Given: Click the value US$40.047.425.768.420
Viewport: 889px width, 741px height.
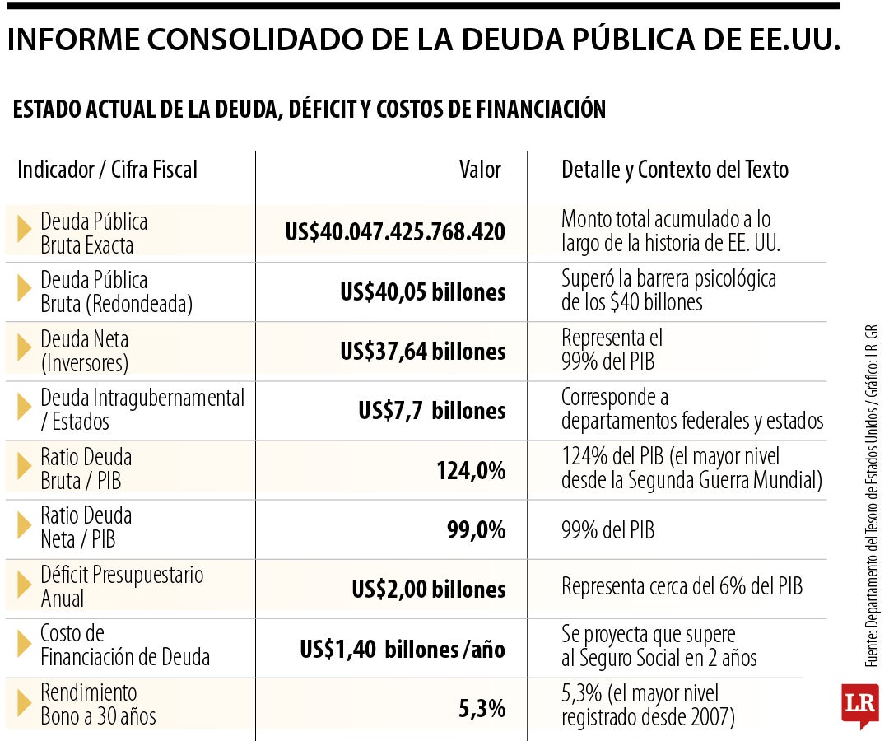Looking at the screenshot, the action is pos(394,232).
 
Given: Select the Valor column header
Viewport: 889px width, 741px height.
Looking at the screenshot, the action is pos(480,170).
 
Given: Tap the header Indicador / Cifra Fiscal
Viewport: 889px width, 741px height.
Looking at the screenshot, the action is pos(107,170).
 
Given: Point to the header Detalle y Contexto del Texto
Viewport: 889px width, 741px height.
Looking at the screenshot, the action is pos(675,170).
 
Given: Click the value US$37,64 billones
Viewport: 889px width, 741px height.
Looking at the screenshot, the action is pos(423,352).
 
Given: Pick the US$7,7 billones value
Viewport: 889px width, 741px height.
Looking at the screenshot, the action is pos(432,411).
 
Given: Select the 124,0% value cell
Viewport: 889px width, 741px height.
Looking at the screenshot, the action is pos(471,471).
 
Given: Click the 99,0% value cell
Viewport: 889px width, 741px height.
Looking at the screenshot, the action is pos(477,530).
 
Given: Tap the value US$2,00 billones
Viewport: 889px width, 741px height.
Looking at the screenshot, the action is pos(429,590).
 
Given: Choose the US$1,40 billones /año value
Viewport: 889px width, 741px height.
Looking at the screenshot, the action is pos(403,649).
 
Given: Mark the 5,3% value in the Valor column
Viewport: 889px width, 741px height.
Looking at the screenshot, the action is pos(482,709).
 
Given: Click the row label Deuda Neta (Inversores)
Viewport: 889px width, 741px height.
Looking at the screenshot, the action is pos(85,351).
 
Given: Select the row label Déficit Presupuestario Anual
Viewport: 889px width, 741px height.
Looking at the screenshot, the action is pos(122,586).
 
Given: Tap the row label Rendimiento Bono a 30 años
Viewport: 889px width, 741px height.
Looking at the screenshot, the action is pos(98,704).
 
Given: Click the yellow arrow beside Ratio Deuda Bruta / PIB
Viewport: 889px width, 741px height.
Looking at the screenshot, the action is pos(24,466).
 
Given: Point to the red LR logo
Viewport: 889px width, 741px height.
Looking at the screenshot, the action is pos(860,705).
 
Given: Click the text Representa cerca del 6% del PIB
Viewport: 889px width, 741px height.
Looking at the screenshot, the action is pos(682,586).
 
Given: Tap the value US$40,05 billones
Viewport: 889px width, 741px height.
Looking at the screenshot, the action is pos(423,292).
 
